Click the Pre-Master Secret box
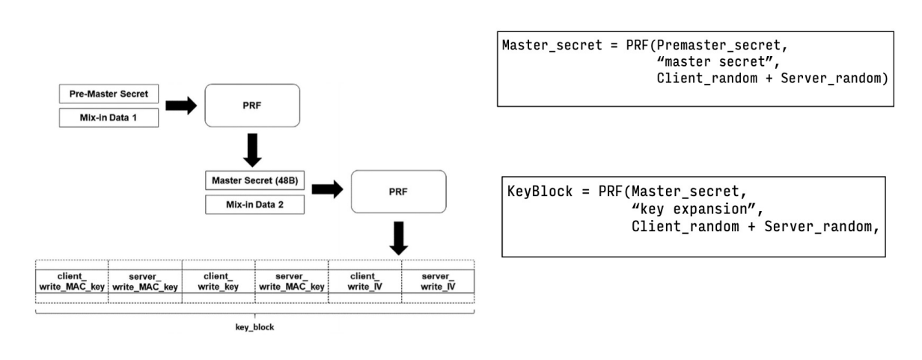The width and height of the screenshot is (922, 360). [109, 94]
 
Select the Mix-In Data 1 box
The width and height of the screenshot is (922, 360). [109, 118]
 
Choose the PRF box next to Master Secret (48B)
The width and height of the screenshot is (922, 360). [398, 191]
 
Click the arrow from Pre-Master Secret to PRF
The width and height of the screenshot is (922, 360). [180, 106]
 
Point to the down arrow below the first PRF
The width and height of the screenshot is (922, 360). [252, 150]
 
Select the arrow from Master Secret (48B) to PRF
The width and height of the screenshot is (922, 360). [327, 191]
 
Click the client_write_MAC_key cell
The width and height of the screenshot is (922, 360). [72, 281]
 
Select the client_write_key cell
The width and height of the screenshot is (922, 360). [219, 281]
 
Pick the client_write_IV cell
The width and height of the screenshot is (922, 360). [364, 281]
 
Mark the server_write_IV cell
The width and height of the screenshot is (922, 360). [437, 281]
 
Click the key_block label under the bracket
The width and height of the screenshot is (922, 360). [254, 327]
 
